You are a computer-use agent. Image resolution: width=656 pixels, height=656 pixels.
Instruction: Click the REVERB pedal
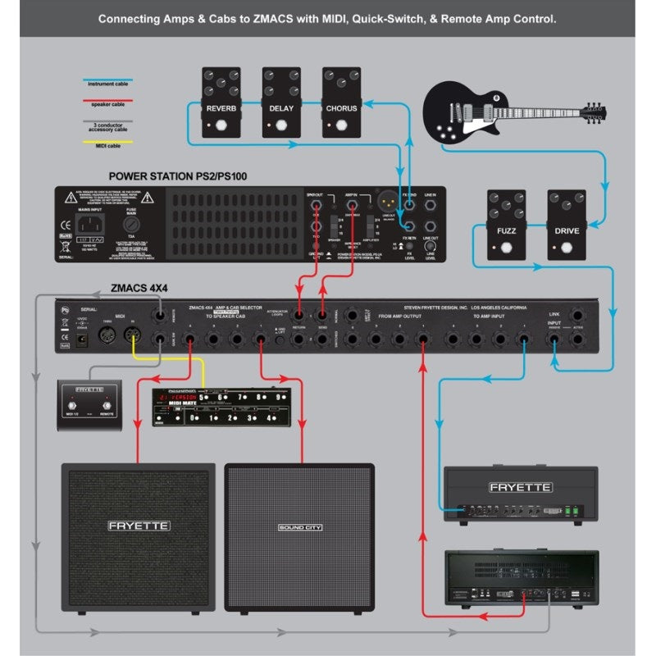point(221,102)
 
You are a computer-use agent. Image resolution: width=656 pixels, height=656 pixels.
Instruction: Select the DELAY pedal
point(280,102)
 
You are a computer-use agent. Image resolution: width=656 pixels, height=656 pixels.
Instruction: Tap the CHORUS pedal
point(341,102)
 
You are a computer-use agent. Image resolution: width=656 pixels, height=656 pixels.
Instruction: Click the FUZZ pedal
point(506,225)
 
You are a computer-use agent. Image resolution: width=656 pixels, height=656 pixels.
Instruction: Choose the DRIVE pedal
point(567,225)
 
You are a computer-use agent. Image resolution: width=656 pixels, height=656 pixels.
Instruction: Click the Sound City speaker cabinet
point(299,537)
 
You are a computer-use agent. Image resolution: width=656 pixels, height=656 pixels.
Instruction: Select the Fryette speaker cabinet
point(139,537)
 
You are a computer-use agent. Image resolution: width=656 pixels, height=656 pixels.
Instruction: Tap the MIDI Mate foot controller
point(221,407)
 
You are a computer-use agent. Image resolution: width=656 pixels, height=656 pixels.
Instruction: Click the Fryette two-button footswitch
point(89,401)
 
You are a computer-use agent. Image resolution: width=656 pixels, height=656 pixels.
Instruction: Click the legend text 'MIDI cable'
point(109,146)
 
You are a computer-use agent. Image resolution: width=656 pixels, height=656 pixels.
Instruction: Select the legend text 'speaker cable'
point(107,104)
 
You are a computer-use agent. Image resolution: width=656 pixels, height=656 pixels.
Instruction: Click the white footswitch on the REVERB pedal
point(220,125)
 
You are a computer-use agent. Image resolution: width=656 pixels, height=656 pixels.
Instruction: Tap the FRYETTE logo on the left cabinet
point(139,525)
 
